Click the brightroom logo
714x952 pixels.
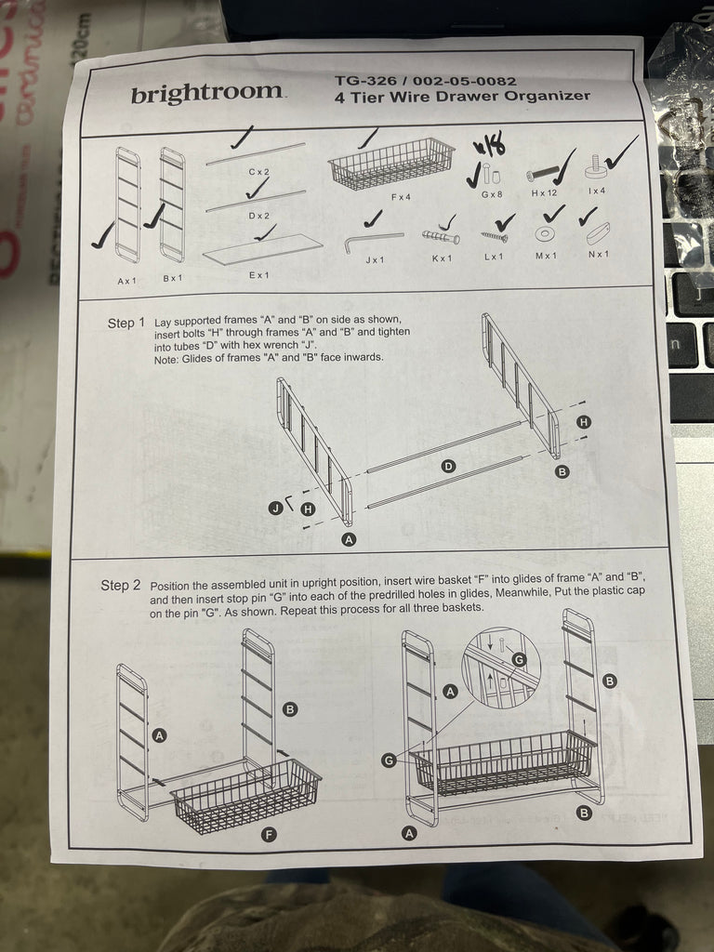[207, 93]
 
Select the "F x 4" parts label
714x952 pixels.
[401, 197]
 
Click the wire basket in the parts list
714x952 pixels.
[391, 163]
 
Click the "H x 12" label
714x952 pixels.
[544, 193]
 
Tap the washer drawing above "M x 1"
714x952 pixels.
[543, 233]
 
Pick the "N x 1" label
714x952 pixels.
[598, 254]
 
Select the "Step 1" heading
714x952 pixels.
[126, 323]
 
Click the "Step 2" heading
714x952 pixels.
[120, 586]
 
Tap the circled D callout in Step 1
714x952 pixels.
[448, 467]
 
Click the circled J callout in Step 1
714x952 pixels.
[276, 508]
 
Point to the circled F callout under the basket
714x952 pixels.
[269, 834]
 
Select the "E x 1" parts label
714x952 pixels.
[258, 275]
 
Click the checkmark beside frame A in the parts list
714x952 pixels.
[102, 235]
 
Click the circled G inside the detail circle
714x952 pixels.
[518, 660]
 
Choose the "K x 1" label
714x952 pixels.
[442, 258]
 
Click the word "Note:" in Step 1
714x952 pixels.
[166, 358]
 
